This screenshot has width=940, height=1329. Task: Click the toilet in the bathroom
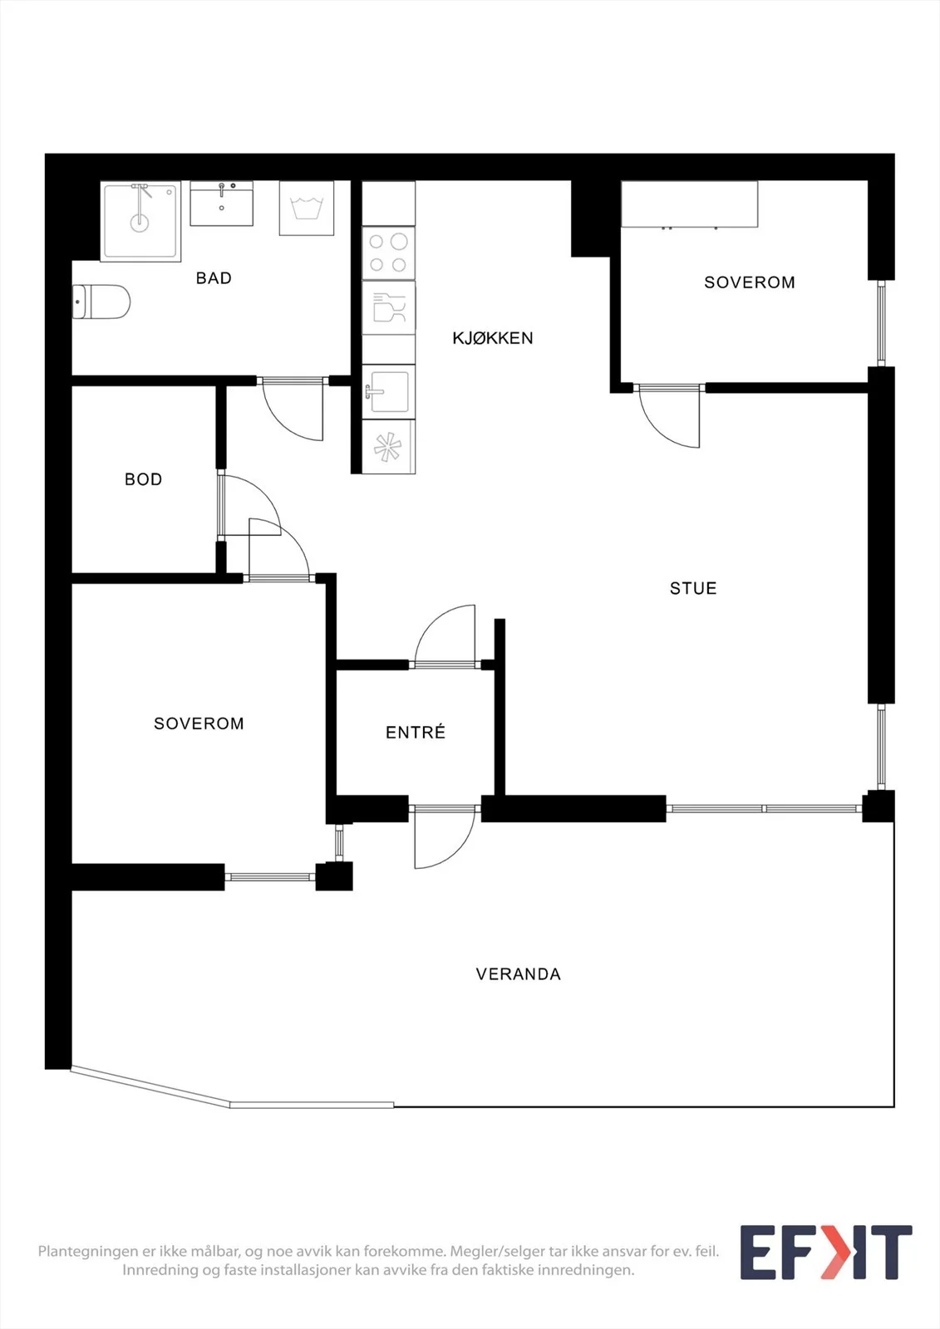pos(101,302)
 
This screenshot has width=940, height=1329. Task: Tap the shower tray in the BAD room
pos(140,221)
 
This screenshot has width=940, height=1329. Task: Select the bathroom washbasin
pos(221,204)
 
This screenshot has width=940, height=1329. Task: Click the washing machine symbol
pos(307,208)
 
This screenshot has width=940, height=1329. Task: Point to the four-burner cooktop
pos(388,253)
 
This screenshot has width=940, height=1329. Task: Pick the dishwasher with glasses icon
pos(388,307)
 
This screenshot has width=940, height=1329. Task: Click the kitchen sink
pos(388,391)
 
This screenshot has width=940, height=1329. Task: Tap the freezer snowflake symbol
pos(388,447)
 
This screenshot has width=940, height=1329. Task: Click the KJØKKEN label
pos(493,338)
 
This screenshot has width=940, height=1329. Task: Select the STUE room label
pos(693,588)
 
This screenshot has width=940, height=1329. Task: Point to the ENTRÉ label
pos(416,732)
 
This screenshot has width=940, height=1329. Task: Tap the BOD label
pos(143,478)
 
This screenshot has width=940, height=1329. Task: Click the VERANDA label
pos(519,974)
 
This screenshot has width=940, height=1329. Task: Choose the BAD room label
pos(214,277)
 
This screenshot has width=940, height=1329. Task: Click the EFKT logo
pos(826,1253)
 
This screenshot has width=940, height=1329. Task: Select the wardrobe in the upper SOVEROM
pos(689,204)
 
